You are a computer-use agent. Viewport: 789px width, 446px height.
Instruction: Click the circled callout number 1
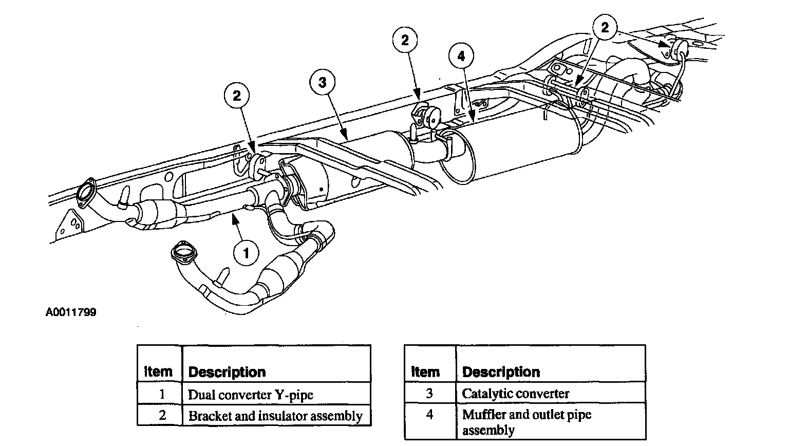click(246, 253)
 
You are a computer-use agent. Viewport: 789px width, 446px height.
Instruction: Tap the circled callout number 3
click(322, 82)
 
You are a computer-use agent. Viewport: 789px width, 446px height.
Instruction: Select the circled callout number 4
click(461, 55)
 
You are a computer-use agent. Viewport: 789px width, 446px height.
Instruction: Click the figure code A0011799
click(71, 312)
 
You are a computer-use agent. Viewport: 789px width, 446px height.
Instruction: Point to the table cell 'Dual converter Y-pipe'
click(250, 395)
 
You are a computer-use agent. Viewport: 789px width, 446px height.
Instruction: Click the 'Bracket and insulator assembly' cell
click(275, 416)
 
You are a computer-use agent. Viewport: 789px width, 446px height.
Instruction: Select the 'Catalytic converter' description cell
click(515, 394)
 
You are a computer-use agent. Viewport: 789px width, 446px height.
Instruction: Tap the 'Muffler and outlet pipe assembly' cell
click(527, 422)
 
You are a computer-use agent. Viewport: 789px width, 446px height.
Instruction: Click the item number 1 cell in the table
click(162, 394)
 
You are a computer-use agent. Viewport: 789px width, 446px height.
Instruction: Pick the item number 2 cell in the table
click(162, 415)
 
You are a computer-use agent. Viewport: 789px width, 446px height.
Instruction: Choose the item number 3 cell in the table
click(429, 394)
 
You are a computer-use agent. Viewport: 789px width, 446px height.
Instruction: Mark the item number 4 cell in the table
click(429, 415)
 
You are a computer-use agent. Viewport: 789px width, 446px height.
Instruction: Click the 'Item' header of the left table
click(158, 371)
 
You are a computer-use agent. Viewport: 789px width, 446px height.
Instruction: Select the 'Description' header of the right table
click(501, 372)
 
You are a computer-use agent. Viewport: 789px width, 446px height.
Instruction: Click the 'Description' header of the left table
click(227, 372)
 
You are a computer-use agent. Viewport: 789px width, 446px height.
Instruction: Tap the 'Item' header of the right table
click(425, 372)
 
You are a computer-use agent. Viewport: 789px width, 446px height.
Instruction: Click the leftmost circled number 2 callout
click(236, 96)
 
